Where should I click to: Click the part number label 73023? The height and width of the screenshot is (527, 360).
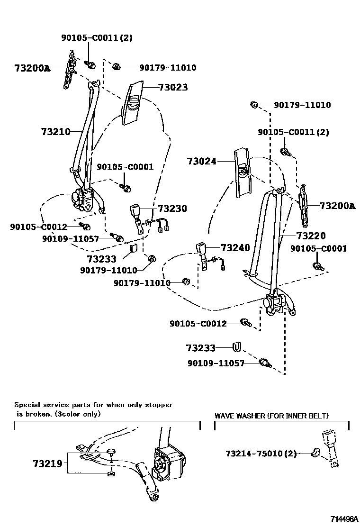click(x=173, y=87)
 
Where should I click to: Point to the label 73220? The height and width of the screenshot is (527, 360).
click(x=311, y=236)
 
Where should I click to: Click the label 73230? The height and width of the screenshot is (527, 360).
click(x=172, y=209)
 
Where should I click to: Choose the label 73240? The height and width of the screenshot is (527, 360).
click(x=235, y=248)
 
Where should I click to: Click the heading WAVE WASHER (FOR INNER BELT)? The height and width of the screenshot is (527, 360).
click(x=271, y=416)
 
